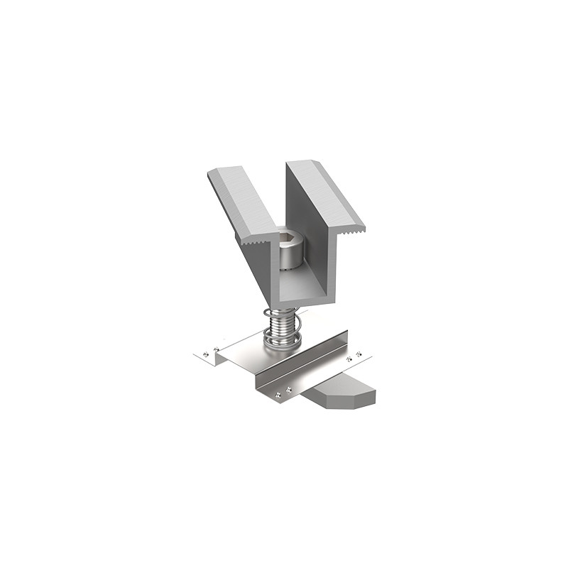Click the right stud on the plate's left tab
[216, 348]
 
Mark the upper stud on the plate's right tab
[359, 354]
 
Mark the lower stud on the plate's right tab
[349, 359]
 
